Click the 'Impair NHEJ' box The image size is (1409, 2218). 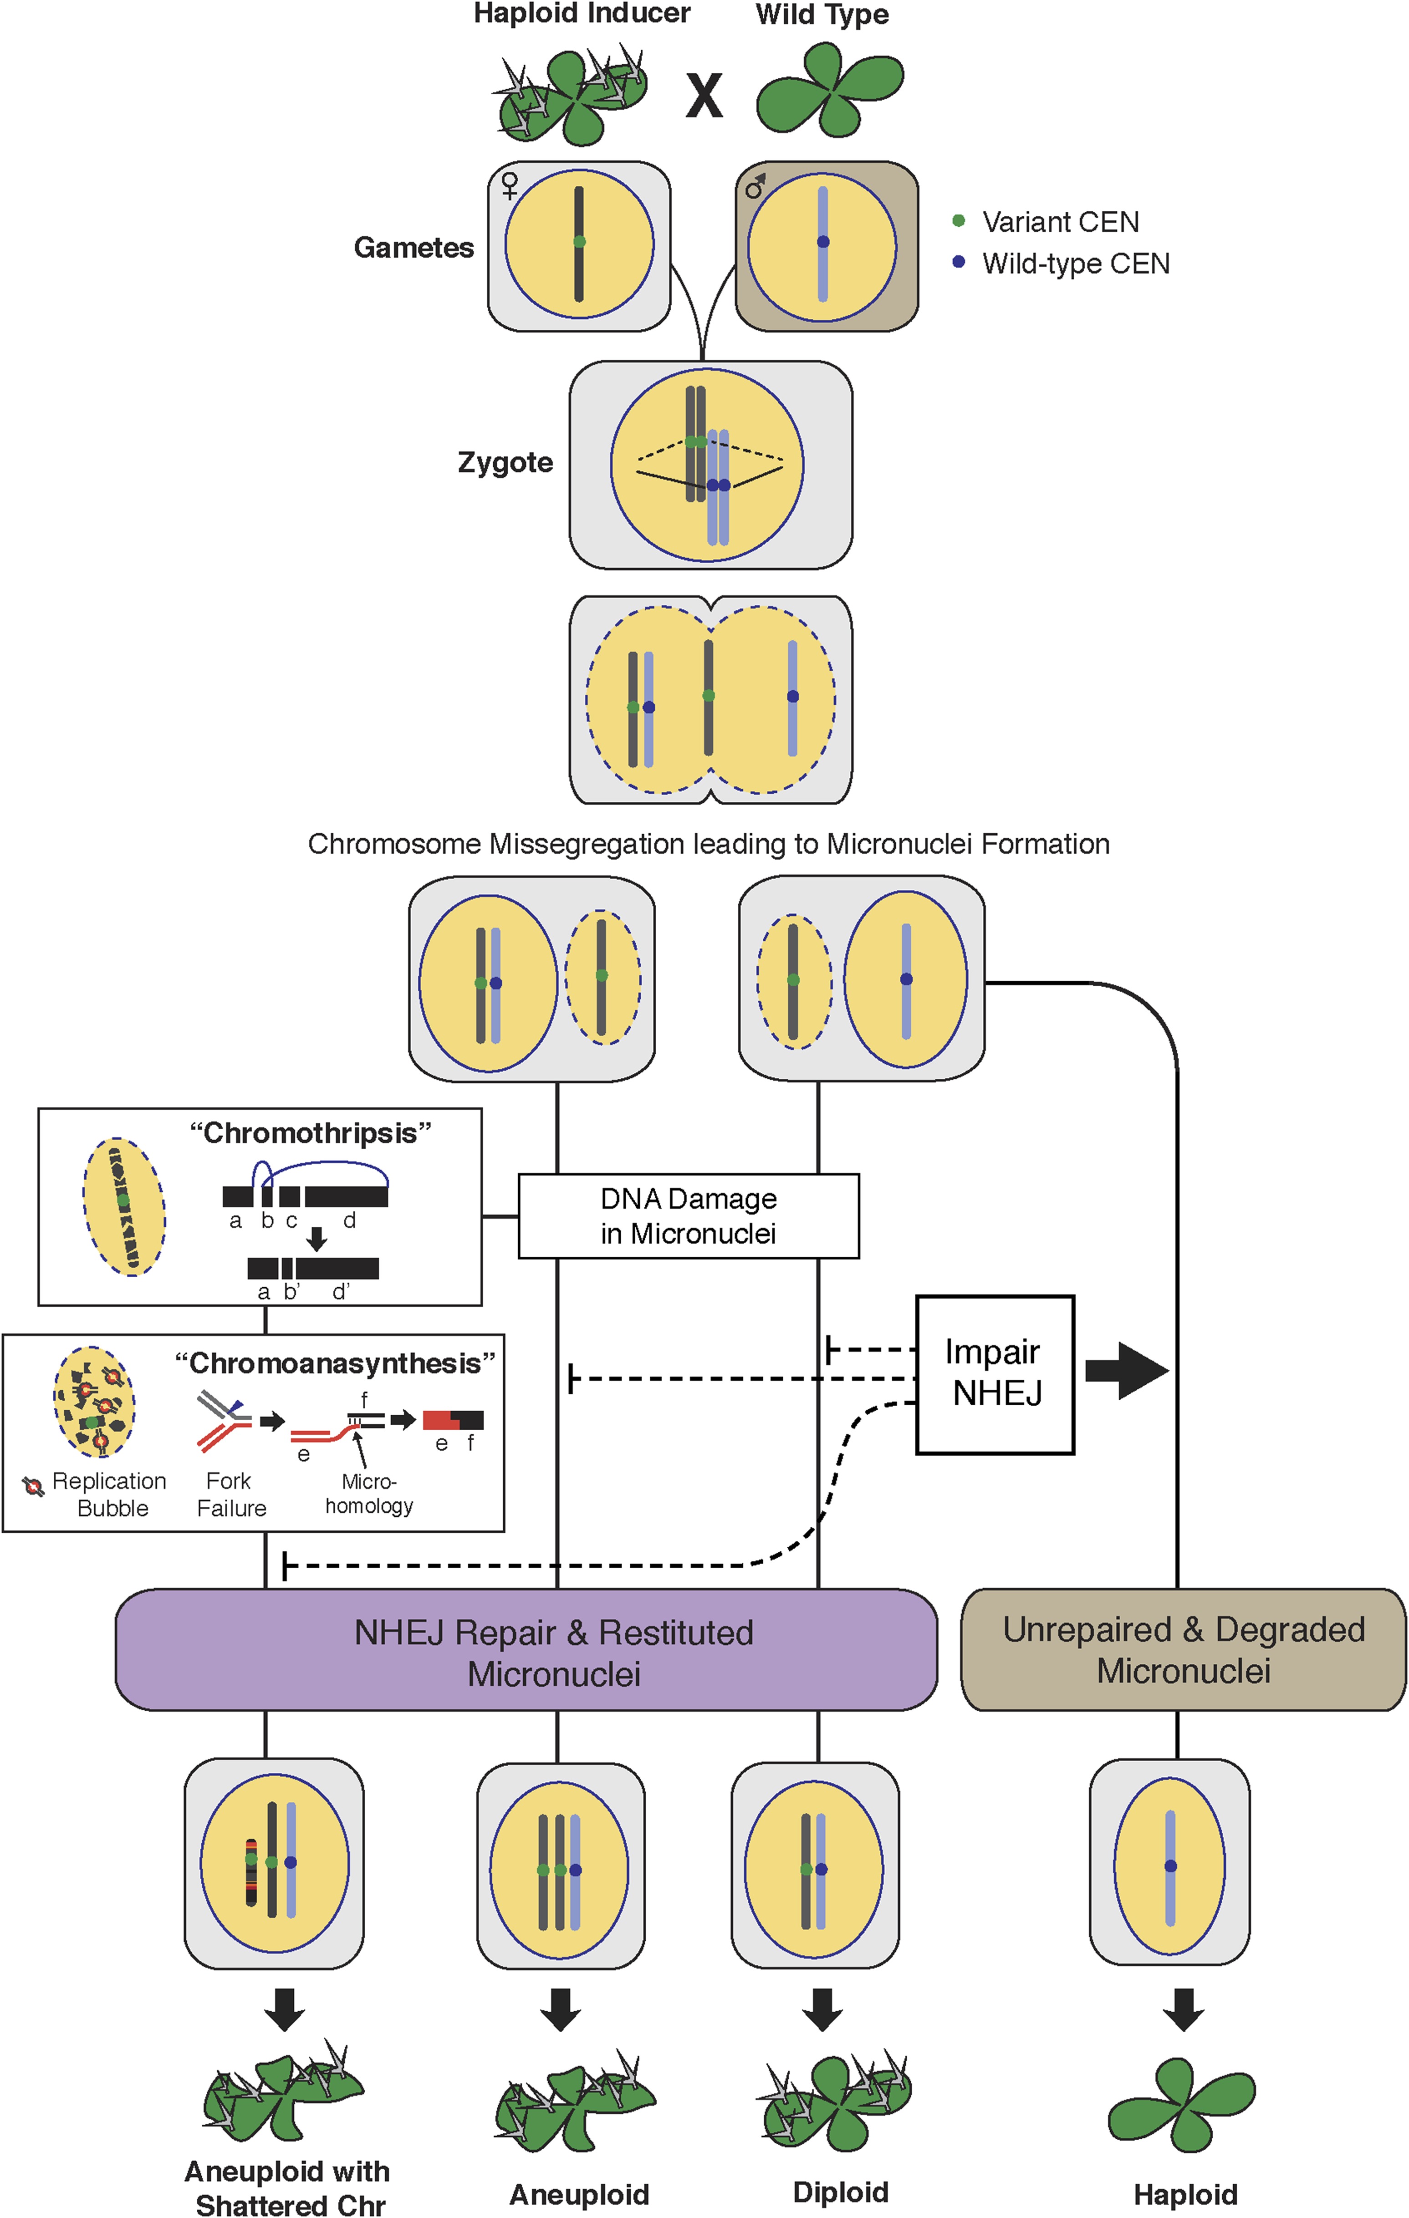995,1374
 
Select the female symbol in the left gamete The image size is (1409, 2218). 509,185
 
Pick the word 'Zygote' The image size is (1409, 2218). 505,462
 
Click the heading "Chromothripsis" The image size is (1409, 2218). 310,1133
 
